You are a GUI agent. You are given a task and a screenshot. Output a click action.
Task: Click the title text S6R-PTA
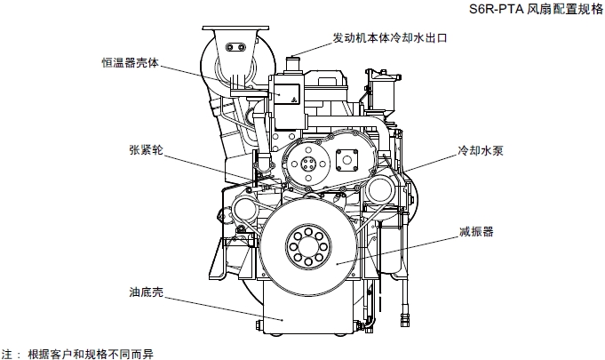point(497,11)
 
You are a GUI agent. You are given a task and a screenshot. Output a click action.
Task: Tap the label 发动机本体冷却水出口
point(388,39)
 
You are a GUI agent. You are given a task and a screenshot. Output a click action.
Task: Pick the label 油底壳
point(145,291)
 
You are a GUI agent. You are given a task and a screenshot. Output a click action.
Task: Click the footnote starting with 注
point(84,352)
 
